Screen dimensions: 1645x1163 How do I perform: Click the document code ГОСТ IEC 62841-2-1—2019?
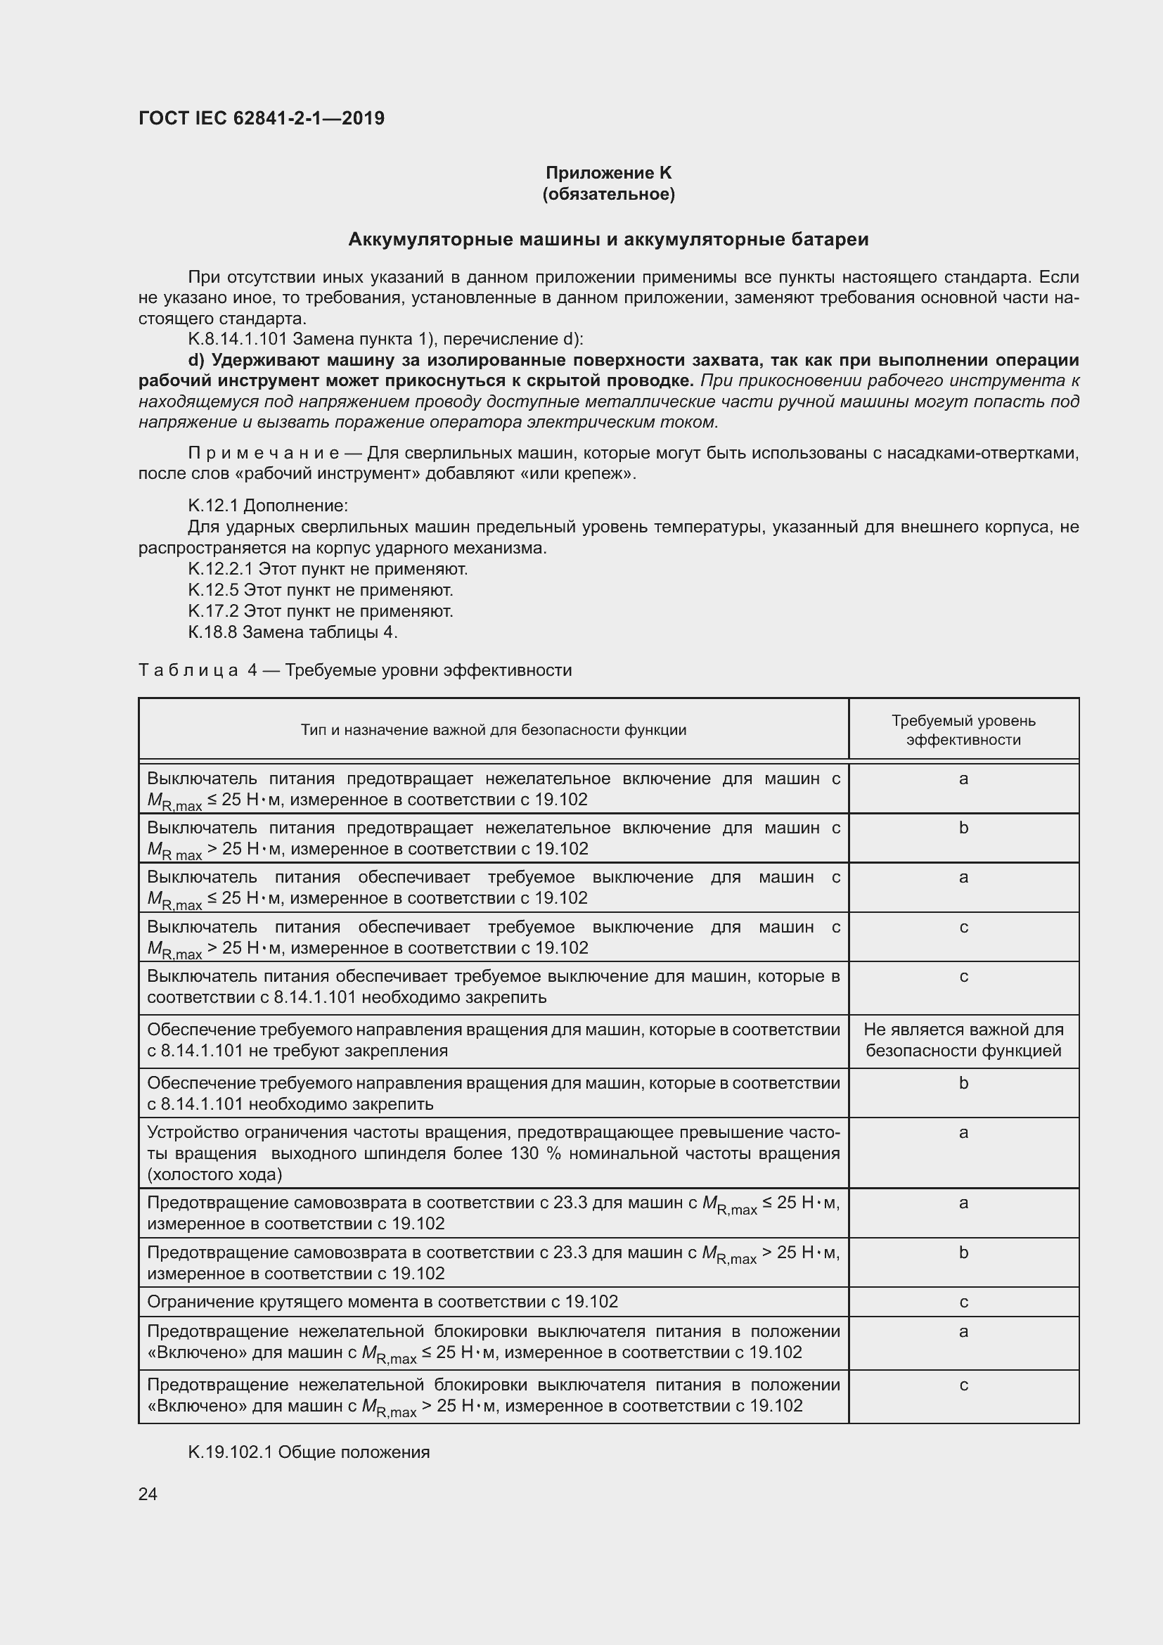point(262,118)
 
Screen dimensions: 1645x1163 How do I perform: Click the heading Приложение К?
point(608,173)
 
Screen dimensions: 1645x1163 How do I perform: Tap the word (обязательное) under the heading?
point(608,194)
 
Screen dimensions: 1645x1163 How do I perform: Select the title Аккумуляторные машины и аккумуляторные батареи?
point(608,239)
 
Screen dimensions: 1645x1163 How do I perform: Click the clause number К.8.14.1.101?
point(237,339)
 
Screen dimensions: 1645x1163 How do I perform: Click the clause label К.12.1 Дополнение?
point(268,506)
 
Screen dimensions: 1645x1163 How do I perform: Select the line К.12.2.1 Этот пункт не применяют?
point(327,569)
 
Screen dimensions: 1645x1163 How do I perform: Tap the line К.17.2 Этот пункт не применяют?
point(320,611)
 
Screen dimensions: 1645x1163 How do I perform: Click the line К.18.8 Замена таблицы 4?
point(293,632)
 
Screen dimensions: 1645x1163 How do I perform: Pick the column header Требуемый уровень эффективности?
point(963,730)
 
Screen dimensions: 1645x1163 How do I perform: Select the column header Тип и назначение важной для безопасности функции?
point(494,730)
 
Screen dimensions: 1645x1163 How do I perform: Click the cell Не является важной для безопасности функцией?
point(963,1039)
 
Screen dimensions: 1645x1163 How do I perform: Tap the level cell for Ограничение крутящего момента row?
point(963,1302)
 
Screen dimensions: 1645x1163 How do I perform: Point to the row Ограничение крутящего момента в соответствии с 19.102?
point(383,1302)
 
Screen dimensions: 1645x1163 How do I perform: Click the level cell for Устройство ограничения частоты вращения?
point(963,1133)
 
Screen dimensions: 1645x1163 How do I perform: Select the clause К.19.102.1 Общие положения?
point(309,1452)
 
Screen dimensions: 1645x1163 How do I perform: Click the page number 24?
point(148,1494)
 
